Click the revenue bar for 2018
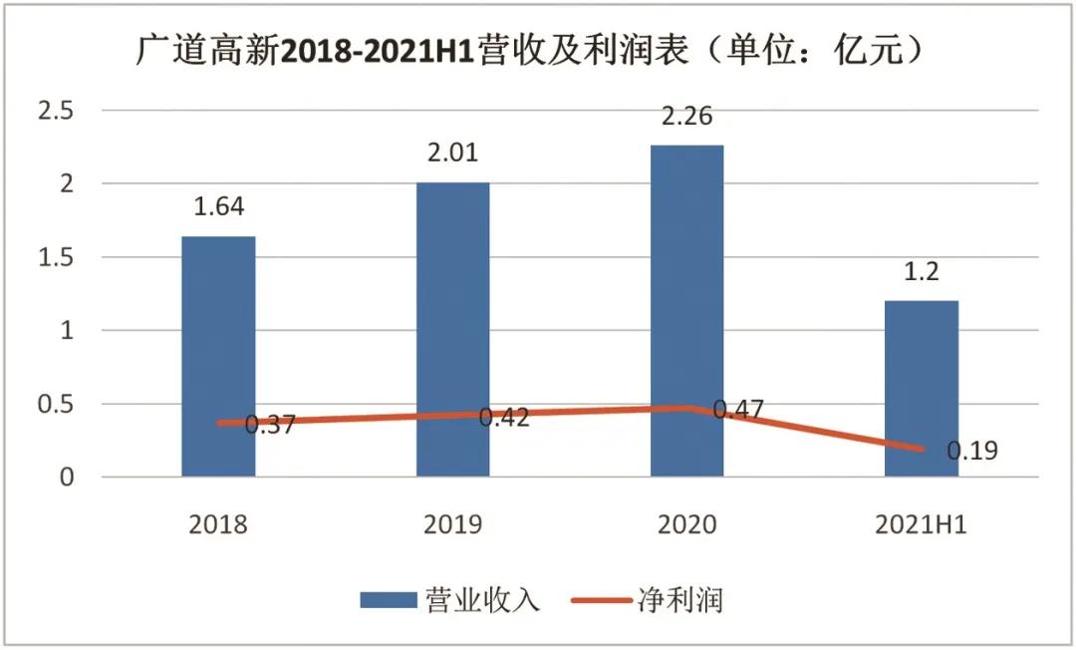(218, 329)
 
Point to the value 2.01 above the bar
(452, 153)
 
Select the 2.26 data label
(686, 117)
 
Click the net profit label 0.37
(269, 426)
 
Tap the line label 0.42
(503, 418)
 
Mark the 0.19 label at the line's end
(971, 451)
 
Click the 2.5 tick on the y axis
(55, 111)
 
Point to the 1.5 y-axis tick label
(55, 257)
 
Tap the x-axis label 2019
(452, 525)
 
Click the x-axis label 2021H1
(922, 525)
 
